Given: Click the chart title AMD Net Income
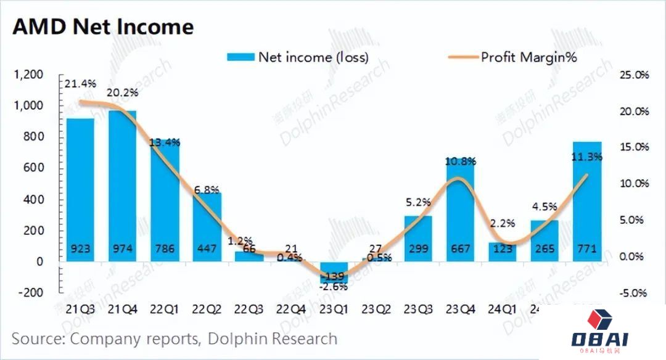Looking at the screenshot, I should coord(103,27).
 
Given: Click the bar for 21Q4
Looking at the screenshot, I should coord(122,185).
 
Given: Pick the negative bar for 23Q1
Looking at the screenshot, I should coord(334,272).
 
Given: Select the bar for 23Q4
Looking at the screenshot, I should coord(461,210).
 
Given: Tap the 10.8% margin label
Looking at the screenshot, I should coord(461,162).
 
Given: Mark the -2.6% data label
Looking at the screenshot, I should coord(334,286).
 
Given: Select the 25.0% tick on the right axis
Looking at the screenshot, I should coord(633,75).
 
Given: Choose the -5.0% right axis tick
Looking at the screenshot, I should coord(633,293).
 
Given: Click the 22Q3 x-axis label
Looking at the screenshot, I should coord(249,308).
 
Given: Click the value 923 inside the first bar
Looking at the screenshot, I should coord(80,250).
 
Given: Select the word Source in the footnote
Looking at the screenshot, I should coord(39,338).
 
